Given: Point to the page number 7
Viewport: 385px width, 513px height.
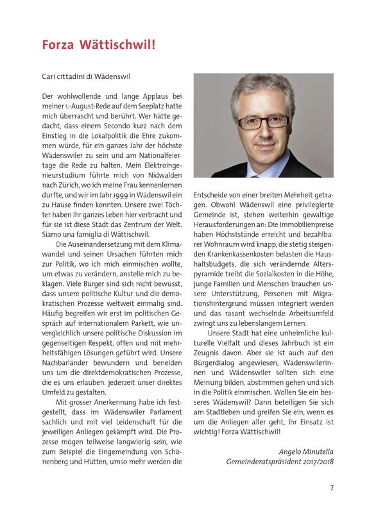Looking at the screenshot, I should pos(332,488).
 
